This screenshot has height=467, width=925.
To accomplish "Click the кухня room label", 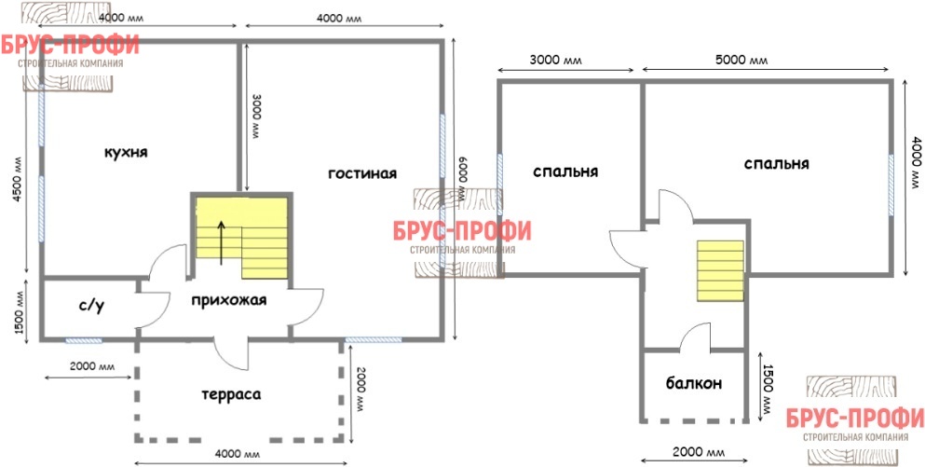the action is [x=126, y=153].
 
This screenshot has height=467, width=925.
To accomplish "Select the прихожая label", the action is [x=229, y=300].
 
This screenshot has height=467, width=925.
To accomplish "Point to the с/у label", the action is [x=91, y=307].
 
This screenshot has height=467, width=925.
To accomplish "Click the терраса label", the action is [x=231, y=394].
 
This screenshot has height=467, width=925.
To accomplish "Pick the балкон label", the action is [x=694, y=384].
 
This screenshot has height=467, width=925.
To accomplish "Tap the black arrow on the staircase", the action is [x=221, y=242].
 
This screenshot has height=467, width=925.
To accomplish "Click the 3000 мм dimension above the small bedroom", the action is [x=555, y=61].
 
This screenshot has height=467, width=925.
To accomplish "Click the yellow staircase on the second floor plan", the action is [x=720, y=270].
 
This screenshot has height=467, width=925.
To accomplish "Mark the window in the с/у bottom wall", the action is [x=83, y=340].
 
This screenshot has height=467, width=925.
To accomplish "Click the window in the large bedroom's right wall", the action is [x=891, y=185].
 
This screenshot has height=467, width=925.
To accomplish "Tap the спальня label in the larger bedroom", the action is [x=776, y=163].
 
